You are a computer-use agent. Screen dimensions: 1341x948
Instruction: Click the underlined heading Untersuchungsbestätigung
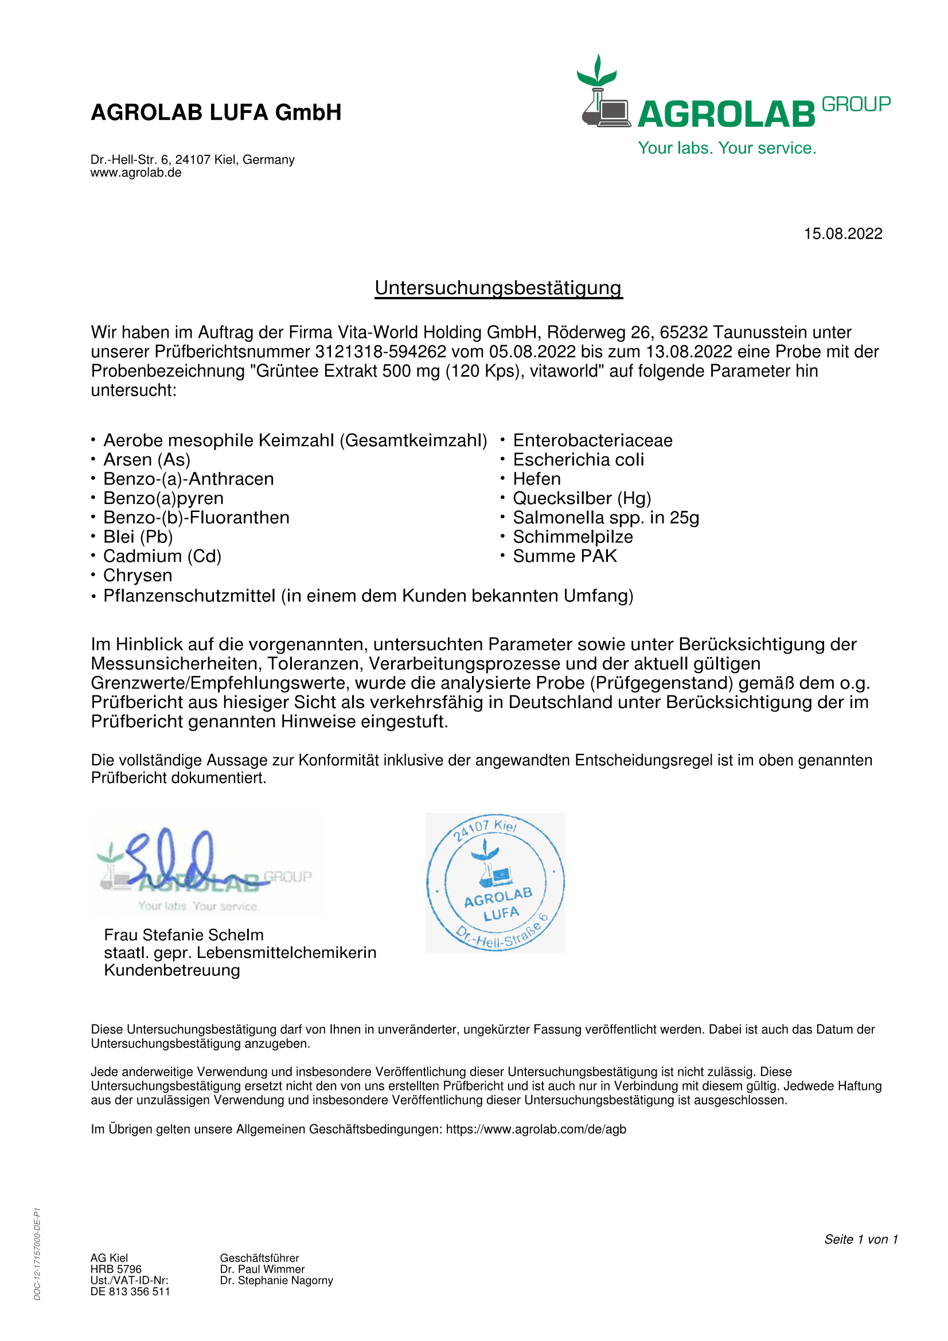coord(498,288)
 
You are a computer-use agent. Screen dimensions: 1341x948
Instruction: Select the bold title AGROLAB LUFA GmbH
coord(216,112)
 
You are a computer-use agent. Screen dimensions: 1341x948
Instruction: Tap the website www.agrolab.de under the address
coord(135,173)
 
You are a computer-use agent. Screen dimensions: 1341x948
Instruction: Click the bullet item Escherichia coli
coord(578,460)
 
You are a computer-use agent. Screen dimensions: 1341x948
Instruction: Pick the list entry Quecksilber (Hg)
coord(582,498)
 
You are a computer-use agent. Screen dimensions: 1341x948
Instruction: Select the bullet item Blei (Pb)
coord(138,537)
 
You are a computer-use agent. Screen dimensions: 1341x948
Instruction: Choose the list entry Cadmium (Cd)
coord(162,556)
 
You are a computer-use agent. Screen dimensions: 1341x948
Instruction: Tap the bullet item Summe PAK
coord(565,556)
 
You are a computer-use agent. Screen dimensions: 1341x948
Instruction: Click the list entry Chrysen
coord(137,575)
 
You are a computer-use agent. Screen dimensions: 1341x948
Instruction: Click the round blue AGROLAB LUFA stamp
coord(496,882)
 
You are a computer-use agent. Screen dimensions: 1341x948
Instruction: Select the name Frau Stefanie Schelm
coord(184,935)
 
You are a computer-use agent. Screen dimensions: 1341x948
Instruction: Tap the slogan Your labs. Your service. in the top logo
coord(727,148)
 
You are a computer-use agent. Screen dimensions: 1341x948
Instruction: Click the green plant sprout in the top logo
coord(596,71)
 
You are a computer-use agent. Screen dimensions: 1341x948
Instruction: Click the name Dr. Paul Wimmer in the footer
coord(262,1269)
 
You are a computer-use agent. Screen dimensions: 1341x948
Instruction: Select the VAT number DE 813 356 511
coord(130,1291)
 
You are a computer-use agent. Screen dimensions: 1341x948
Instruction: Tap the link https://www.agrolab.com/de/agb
coord(536,1129)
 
